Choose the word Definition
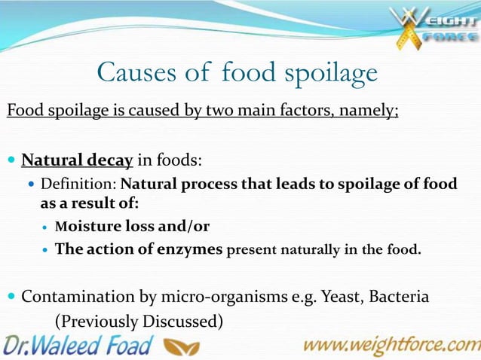[78, 184]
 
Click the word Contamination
[77, 296]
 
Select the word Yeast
[340, 296]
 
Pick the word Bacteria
[400, 296]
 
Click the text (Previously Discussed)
[139, 321]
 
